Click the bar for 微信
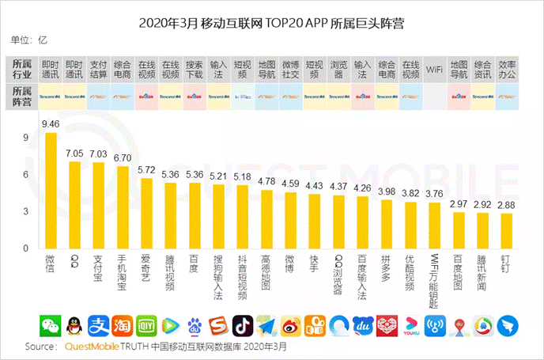(51, 190)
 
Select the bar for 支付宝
(99, 205)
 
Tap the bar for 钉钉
(506, 230)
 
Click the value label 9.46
(51, 124)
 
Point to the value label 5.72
(146, 170)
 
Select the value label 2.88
(506, 206)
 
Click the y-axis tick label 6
(25, 174)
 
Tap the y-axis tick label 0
(25, 248)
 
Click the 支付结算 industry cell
(99, 70)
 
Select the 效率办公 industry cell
(506, 70)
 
